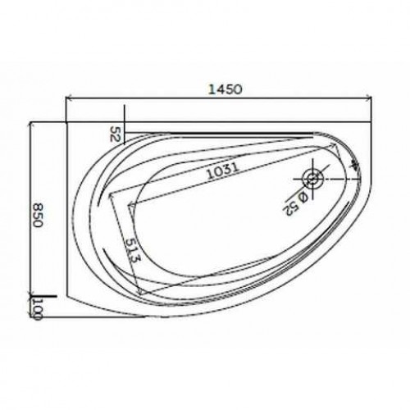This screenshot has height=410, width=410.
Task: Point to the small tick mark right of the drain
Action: [x=354, y=166]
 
